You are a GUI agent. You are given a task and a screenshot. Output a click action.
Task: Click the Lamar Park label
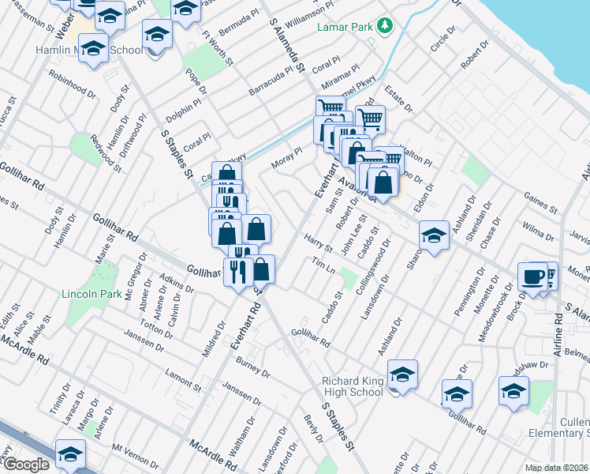click(344, 26)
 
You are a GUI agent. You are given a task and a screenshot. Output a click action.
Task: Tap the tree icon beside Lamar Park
click(385, 26)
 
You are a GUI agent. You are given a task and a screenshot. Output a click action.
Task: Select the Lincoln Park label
click(91, 295)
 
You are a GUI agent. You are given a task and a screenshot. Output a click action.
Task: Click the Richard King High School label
click(353, 386)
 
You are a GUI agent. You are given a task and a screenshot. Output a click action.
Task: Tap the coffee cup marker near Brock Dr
click(534, 276)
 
